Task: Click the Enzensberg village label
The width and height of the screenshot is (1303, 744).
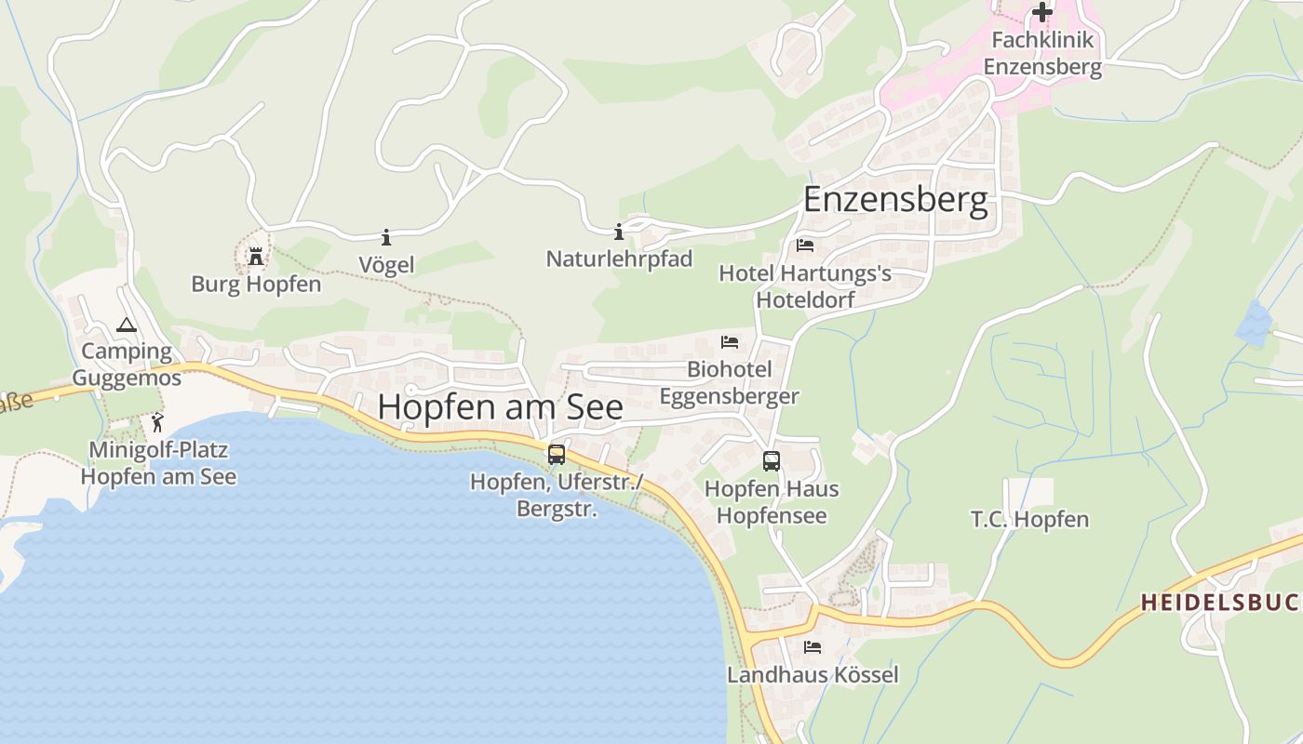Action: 894,200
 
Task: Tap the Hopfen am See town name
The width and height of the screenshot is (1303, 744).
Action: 500,406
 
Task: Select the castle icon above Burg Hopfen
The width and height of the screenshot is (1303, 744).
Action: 255,256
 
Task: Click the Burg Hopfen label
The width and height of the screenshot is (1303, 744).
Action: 256,284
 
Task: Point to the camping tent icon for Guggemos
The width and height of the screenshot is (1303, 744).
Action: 126,325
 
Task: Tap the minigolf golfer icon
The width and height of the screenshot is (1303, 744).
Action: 157,423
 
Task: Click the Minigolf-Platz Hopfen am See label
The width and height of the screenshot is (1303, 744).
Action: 158,463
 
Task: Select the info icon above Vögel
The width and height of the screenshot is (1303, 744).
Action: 386,237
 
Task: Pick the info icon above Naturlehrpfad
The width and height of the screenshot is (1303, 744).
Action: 619,232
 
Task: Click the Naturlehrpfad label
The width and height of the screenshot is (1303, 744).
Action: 619,259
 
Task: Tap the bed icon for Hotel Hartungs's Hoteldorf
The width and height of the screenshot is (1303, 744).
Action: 805,246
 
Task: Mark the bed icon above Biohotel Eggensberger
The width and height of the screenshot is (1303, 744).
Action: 730,342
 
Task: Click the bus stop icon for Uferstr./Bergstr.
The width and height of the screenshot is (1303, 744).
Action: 557,455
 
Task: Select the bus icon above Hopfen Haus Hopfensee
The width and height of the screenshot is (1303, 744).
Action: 772,460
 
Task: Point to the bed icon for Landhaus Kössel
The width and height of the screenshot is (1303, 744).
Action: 813,646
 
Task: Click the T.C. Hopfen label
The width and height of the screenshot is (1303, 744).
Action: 1029,519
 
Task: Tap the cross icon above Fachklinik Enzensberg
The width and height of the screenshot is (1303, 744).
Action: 1042,12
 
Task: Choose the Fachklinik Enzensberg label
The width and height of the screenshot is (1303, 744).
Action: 1042,53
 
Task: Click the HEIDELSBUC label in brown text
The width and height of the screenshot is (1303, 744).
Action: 1219,602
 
